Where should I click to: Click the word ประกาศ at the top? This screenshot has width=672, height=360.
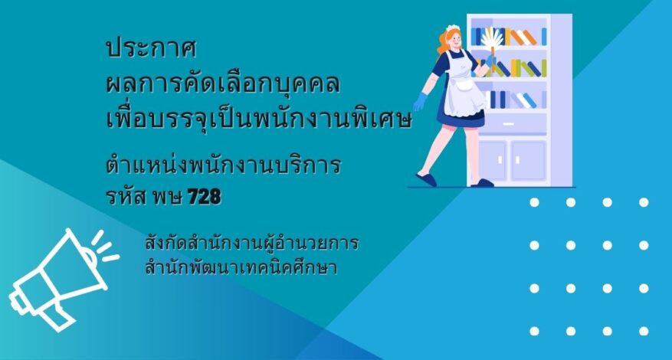click(151, 49)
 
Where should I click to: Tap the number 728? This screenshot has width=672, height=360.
click(205, 197)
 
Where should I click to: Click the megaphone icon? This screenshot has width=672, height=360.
click(64, 280)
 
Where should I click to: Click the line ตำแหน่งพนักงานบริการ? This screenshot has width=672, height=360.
click(223, 165)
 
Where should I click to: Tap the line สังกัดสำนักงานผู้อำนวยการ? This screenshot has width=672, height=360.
click(252, 243)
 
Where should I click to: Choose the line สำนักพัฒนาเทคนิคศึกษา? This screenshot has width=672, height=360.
click(241, 267)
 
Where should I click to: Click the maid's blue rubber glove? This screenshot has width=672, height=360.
click(421, 102)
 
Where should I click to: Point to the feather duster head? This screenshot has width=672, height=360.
click(492, 38)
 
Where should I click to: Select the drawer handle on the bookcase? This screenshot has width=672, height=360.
click(508, 124)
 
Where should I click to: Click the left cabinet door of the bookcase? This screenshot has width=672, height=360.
click(493, 160)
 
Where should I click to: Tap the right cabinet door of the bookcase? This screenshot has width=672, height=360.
click(529, 160)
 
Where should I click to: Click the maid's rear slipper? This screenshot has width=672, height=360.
click(426, 180)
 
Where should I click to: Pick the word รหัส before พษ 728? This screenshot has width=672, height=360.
click(126, 197)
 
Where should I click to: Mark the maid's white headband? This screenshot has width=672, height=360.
click(453, 28)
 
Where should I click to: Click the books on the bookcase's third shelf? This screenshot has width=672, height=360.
click(516, 100)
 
